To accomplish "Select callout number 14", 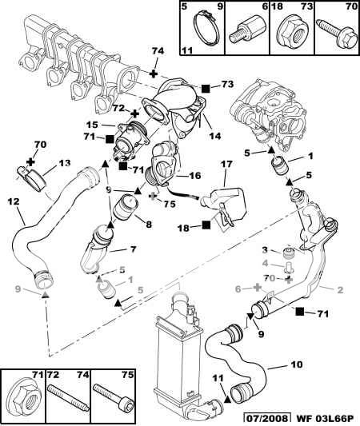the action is tap(215, 135).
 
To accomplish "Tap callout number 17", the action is tap(226, 164).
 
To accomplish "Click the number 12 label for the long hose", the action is tap(14, 201).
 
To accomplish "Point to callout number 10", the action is tap(296, 364).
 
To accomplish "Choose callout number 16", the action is tap(194, 175).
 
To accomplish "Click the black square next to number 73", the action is tap(206, 87).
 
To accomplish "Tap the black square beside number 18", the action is tap(206, 225).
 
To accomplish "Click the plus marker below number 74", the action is tap(154, 74).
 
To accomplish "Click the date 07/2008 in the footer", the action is tap(266, 418).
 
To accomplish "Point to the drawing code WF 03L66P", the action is tap(325, 418).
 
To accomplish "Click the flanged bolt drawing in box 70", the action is tap(337, 33).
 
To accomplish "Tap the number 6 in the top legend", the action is tap(265, 6).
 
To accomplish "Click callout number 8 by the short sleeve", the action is tap(149, 225).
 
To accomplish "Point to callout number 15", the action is tap(92, 125).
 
